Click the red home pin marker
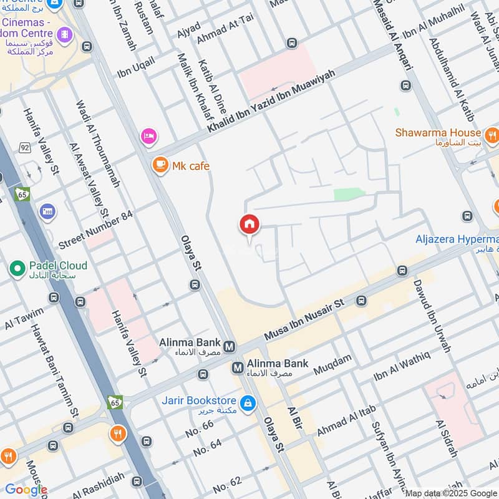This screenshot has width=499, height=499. [249, 225]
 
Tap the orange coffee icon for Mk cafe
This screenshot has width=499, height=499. [161, 165]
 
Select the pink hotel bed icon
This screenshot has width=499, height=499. [148, 136]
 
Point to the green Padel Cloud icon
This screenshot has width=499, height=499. [17, 269]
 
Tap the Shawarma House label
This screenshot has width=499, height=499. [438, 133]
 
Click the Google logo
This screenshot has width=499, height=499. [26, 489]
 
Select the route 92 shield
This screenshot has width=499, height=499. [24, 147]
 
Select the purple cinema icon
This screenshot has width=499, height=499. [64, 32]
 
